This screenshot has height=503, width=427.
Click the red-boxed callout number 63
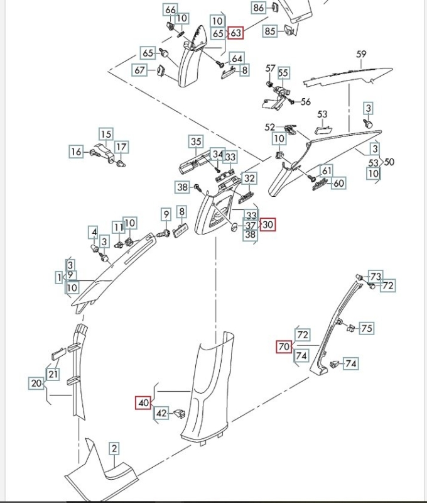(236, 32)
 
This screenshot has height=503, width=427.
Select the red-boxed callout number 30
(268, 224)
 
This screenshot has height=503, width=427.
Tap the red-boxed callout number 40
(143, 402)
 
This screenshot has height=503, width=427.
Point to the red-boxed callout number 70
(284, 346)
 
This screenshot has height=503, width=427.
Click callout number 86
(259, 8)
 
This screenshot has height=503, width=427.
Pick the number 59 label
(361, 55)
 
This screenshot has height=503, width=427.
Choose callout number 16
(76, 151)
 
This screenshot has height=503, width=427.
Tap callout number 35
(196, 141)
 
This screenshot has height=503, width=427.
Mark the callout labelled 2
(114, 448)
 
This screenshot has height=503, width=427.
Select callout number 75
(367, 328)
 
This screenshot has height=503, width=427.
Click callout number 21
(53, 375)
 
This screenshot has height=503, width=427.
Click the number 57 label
(271, 68)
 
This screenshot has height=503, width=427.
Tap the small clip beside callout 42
(180, 413)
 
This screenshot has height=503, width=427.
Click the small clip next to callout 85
(289, 29)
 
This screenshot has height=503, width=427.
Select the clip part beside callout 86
(276, 8)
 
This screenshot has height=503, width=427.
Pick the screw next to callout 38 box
(197, 186)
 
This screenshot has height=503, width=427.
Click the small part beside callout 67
(159, 70)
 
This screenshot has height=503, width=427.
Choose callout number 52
(270, 126)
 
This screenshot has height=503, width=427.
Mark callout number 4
(94, 233)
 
